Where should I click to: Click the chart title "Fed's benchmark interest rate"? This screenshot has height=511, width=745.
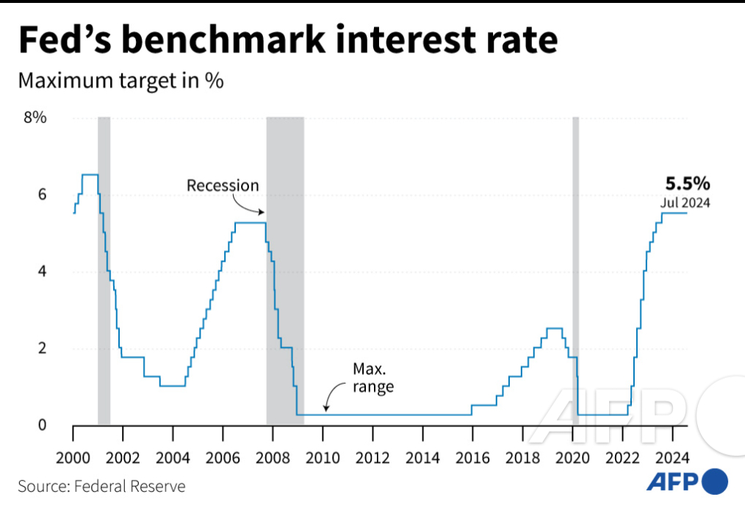point(287,40)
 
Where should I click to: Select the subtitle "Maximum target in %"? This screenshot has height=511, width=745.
point(120,81)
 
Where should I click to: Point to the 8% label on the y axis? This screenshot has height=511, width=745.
point(35,118)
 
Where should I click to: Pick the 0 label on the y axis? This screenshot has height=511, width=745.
point(42,425)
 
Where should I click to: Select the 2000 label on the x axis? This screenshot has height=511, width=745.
point(73,457)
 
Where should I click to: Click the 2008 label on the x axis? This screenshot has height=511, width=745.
point(273,457)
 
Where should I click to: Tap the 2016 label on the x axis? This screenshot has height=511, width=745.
point(472,457)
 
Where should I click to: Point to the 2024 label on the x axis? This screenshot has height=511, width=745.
point(672,457)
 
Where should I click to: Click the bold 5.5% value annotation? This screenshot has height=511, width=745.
point(688,184)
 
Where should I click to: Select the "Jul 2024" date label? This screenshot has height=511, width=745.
point(685,203)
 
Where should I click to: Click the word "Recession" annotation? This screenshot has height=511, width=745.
point(223,185)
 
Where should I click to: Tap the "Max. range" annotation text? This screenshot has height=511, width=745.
point(373,377)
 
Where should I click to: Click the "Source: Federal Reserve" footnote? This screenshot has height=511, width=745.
point(101,486)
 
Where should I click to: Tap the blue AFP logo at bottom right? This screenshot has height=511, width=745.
point(687,482)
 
